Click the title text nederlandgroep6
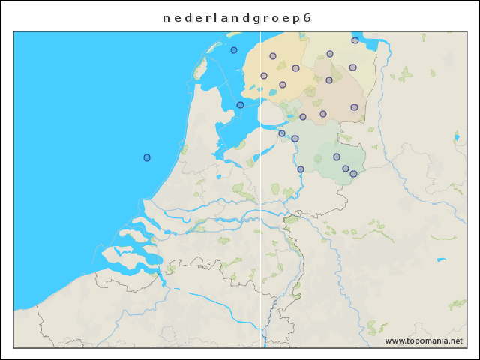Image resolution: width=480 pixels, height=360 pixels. [x=236, y=18]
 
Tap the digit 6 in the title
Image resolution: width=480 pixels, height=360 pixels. [x=307, y=18]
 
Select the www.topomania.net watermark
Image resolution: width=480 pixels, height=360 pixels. [x=424, y=340]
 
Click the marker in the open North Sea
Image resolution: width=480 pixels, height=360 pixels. [x=147, y=157]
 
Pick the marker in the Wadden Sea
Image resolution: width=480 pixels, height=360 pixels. [x=234, y=50]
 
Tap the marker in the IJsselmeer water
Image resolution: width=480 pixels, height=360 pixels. [x=240, y=105]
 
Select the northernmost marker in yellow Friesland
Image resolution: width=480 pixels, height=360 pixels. [x=273, y=56]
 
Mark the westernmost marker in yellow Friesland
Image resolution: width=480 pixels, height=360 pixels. [x=264, y=76]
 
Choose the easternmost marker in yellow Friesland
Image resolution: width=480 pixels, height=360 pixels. [x=296, y=68]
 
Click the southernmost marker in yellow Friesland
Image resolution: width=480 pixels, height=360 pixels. [x=283, y=85]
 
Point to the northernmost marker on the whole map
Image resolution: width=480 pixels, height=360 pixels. [x=355, y=40]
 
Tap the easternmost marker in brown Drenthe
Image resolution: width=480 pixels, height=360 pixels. [x=354, y=107]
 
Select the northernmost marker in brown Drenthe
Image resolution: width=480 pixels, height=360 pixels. [x=329, y=80]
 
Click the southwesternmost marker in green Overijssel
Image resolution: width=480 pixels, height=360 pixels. [x=301, y=169]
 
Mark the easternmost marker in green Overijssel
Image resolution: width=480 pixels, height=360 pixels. [x=353, y=174]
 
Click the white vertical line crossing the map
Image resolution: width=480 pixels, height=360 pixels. [x=260, y=225]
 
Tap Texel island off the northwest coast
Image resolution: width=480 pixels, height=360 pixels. [x=200, y=70]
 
